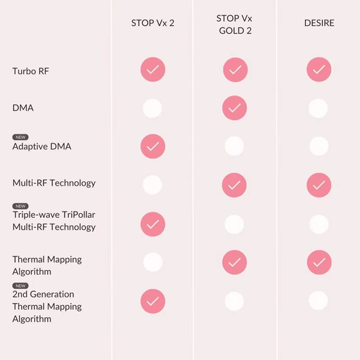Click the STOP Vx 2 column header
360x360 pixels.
(153, 23)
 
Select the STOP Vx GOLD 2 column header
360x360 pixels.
(234, 25)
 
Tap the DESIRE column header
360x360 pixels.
(319, 23)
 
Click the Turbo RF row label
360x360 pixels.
(30, 71)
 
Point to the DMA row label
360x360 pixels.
(23, 108)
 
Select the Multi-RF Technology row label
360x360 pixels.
(54, 183)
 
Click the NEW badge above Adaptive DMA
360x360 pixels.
(20, 137)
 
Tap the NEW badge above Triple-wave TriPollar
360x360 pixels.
(20, 206)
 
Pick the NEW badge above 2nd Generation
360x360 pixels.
(20, 285)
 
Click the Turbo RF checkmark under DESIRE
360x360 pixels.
(319, 70)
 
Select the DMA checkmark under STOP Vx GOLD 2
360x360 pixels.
(235, 108)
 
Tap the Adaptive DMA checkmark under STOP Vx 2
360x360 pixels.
(153, 146)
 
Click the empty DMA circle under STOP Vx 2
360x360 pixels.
(153, 108)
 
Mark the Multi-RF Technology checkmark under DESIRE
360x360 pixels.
(319, 185)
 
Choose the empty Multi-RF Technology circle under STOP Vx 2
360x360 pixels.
(153, 185)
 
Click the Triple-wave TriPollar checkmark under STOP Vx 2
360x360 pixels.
(153, 224)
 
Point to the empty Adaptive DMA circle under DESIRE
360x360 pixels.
(319, 146)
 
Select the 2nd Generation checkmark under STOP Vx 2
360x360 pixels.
(153, 301)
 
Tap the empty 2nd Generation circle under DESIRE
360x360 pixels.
(319, 300)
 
